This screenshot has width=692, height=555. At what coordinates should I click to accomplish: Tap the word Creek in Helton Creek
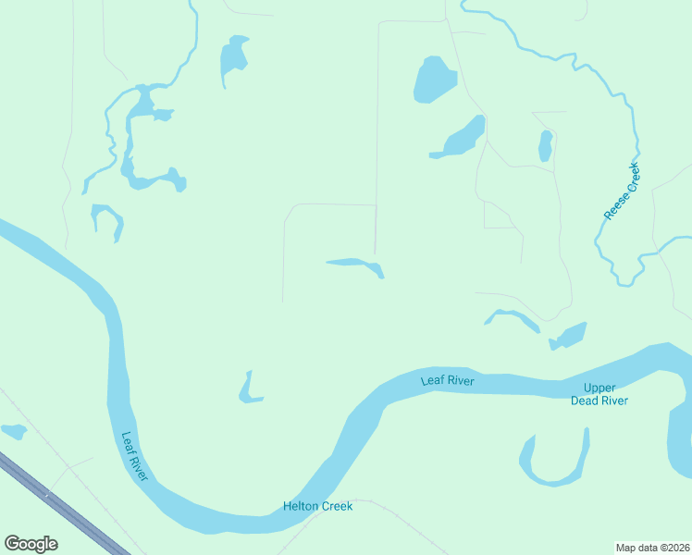click(x=336, y=507)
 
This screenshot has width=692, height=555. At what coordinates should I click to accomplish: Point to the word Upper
click(x=599, y=388)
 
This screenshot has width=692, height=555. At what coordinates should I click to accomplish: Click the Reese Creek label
click(x=622, y=191)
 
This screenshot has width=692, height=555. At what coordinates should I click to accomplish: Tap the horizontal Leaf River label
click(x=447, y=380)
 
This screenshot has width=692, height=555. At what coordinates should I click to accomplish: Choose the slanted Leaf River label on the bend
click(x=135, y=456)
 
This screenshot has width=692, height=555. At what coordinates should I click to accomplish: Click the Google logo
click(x=31, y=544)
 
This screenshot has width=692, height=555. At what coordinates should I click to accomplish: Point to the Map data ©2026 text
click(x=652, y=548)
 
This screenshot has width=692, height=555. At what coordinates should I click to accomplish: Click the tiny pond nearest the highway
click(x=14, y=430)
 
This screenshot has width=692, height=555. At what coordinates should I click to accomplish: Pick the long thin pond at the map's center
click(x=357, y=265)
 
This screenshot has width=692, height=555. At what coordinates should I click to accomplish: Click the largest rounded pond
click(x=432, y=80)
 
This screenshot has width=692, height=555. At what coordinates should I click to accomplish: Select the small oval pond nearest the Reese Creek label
click(x=546, y=145)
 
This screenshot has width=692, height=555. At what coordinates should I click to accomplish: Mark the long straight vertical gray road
click(x=377, y=139)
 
